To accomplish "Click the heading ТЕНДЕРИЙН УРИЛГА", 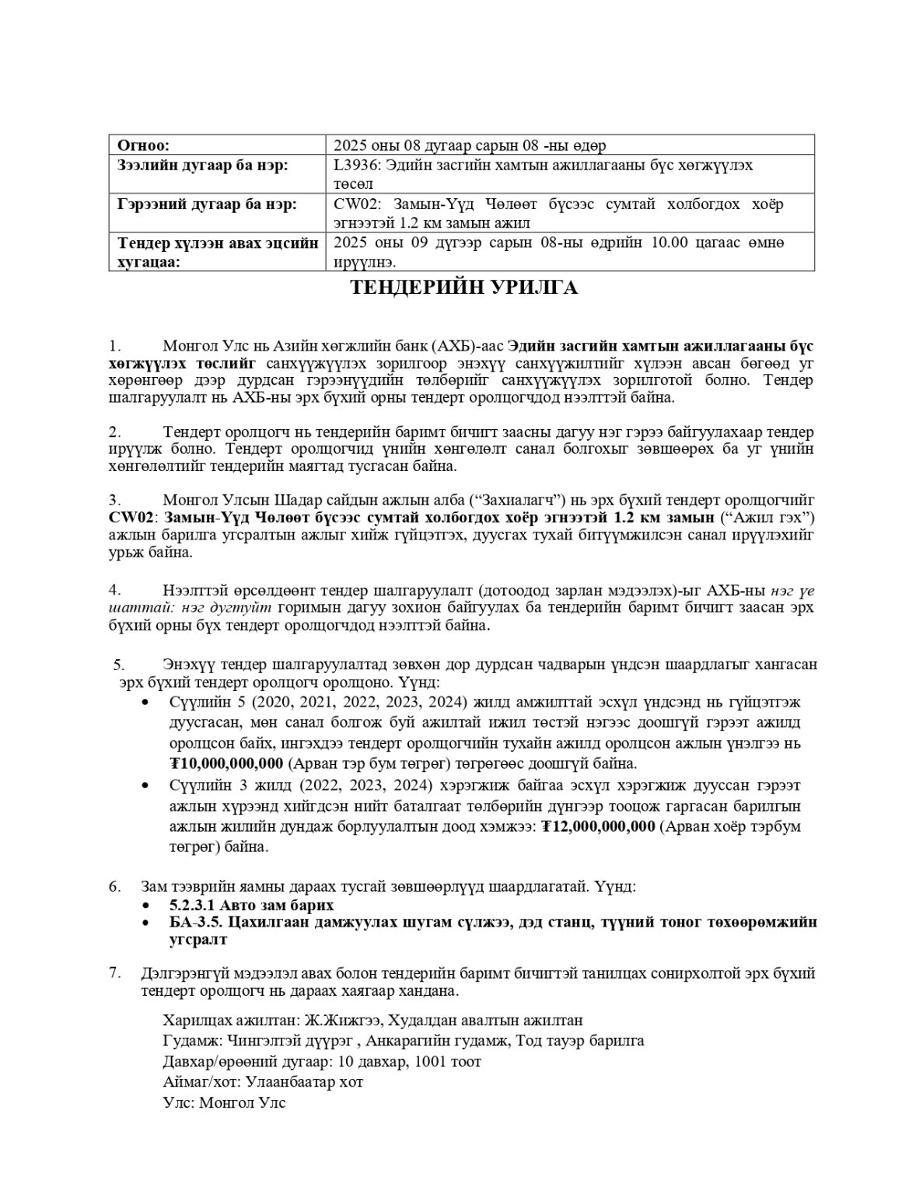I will [x=463, y=288].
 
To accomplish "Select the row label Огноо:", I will [x=144, y=145].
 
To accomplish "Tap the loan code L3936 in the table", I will [x=353, y=166].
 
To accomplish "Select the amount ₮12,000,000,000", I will [x=598, y=826].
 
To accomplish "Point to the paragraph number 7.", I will [x=114, y=973].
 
